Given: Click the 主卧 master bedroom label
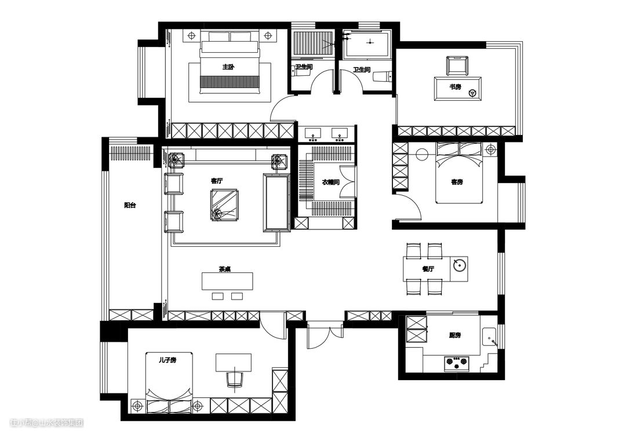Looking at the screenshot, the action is [x=228, y=67].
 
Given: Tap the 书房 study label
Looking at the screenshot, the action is [x=455, y=86].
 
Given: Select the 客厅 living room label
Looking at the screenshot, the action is [x=217, y=181].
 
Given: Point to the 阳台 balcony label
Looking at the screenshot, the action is [x=130, y=206].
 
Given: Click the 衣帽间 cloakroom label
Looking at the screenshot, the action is [x=330, y=182].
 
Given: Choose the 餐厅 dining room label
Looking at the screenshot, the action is [x=428, y=269].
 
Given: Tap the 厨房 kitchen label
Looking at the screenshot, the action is [x=455, y=335].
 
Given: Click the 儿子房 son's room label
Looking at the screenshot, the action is [x=168, y=360].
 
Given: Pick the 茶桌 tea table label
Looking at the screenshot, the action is [x=225, y=269].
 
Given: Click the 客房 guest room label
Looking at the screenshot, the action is [x=457, y=182].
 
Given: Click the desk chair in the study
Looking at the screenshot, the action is [x=457, y=66].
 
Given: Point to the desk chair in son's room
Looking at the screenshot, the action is [x=235, y=378].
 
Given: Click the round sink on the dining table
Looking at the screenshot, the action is [x=459, y=265].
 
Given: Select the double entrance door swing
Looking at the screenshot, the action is [x=325, y=336].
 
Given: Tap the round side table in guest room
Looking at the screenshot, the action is [x=421, y=154].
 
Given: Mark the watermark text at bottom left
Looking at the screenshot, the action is [x=47, y=422].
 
